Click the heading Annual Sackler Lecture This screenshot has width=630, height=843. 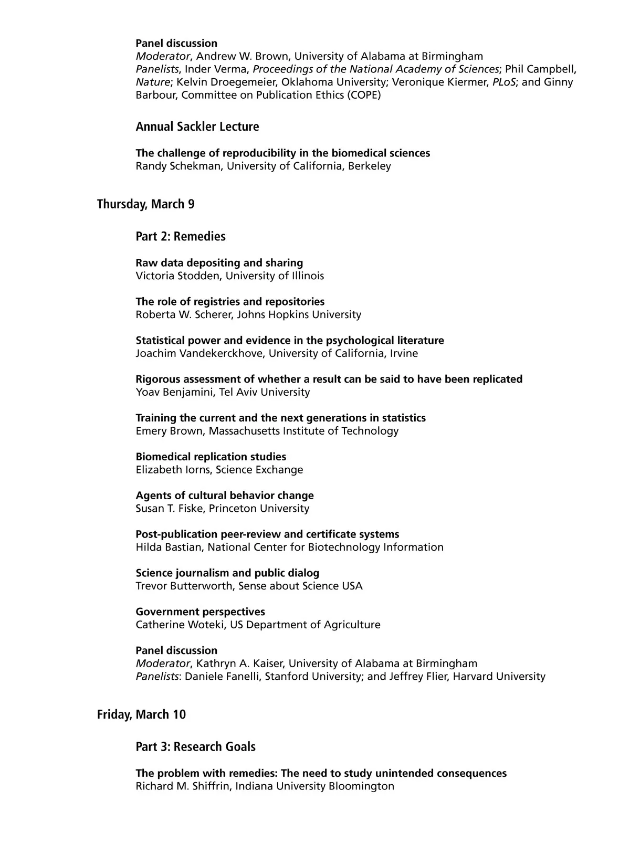coord(197,127)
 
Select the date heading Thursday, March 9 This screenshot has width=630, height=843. coord(145,204)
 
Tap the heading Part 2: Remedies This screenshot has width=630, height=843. coord(180,236)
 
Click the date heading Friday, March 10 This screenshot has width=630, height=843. coord(141,714)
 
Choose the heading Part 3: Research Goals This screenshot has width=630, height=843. coord(195,746)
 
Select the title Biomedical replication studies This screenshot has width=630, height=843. coord(211,457)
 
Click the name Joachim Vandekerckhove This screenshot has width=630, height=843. coord(199,353)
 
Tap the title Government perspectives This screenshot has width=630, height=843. coord(200,612)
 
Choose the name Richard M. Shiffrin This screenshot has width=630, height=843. coord(182,786)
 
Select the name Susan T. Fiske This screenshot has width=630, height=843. coord(169,509)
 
